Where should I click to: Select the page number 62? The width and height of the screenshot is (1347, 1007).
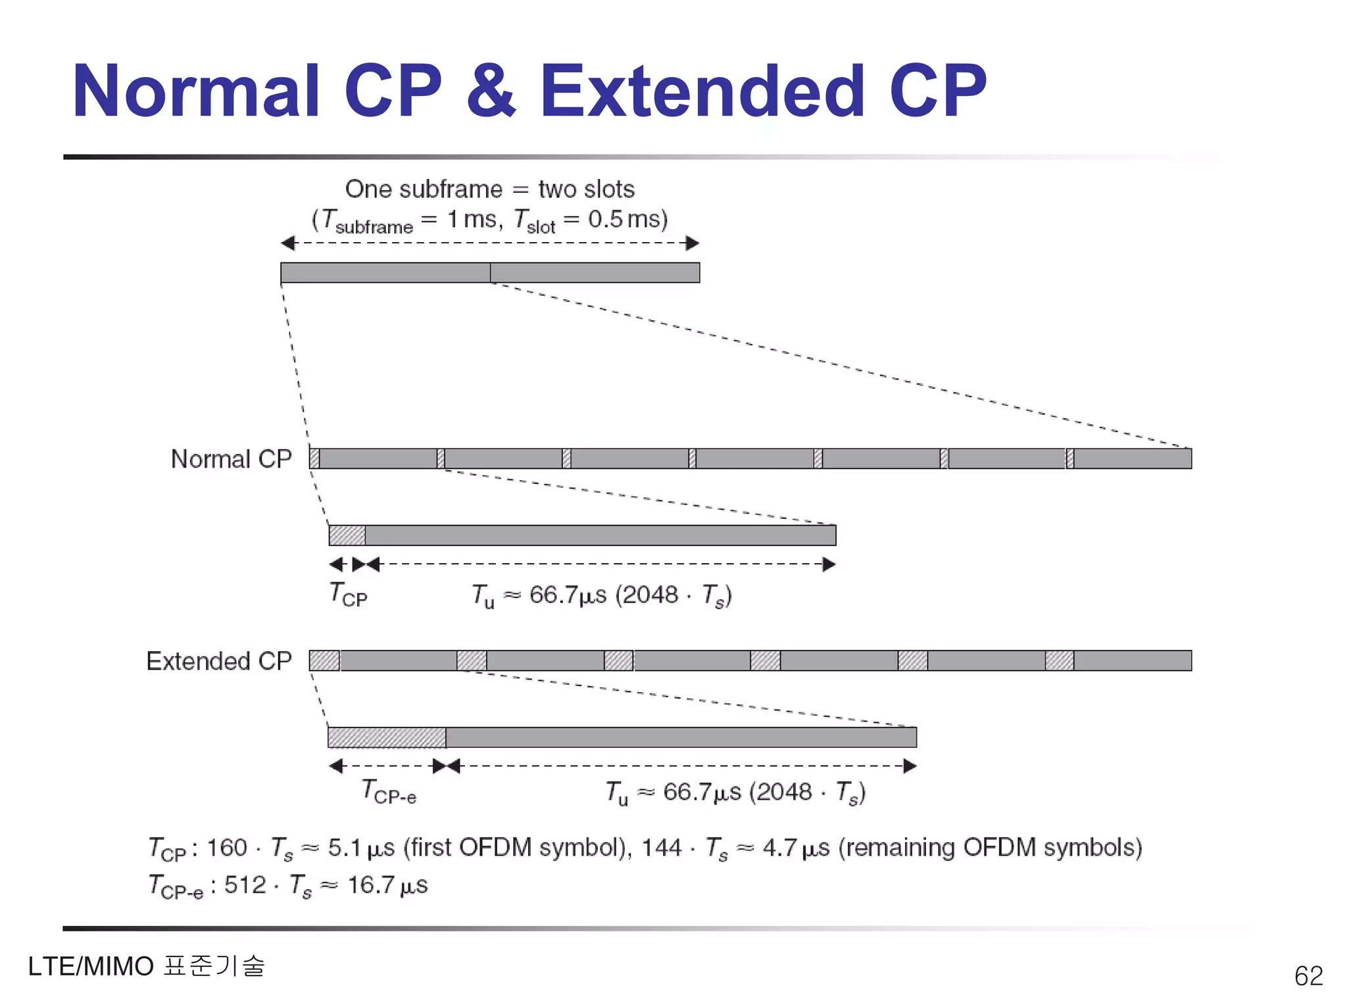(1308, 975)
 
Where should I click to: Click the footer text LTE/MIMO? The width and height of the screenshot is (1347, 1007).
(91, 966)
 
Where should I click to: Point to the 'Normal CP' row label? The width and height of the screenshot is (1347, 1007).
(231, 459)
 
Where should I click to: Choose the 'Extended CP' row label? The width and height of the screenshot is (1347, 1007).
(218, 661)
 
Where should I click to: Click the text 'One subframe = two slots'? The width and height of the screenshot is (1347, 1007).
(489, 189)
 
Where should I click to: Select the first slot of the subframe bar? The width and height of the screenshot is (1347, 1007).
(385, 272)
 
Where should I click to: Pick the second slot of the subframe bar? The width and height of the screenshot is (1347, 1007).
(595, 272)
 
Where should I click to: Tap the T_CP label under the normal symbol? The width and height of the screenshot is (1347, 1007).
(348, 595)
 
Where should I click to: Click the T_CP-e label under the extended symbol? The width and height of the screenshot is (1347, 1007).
(389, 791)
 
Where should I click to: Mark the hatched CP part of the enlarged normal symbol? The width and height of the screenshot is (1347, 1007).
(347, 535)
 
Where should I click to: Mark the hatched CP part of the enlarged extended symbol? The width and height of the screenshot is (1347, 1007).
(387, 737)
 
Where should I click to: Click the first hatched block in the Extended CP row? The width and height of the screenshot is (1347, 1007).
(324, 660)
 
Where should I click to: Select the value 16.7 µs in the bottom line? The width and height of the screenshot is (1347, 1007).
(387, 885)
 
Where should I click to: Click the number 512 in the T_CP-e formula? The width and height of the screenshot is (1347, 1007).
(245, 885)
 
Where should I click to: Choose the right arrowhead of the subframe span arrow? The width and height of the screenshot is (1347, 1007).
(692, 243)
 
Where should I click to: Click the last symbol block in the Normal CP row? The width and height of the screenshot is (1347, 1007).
(1132, 458)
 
